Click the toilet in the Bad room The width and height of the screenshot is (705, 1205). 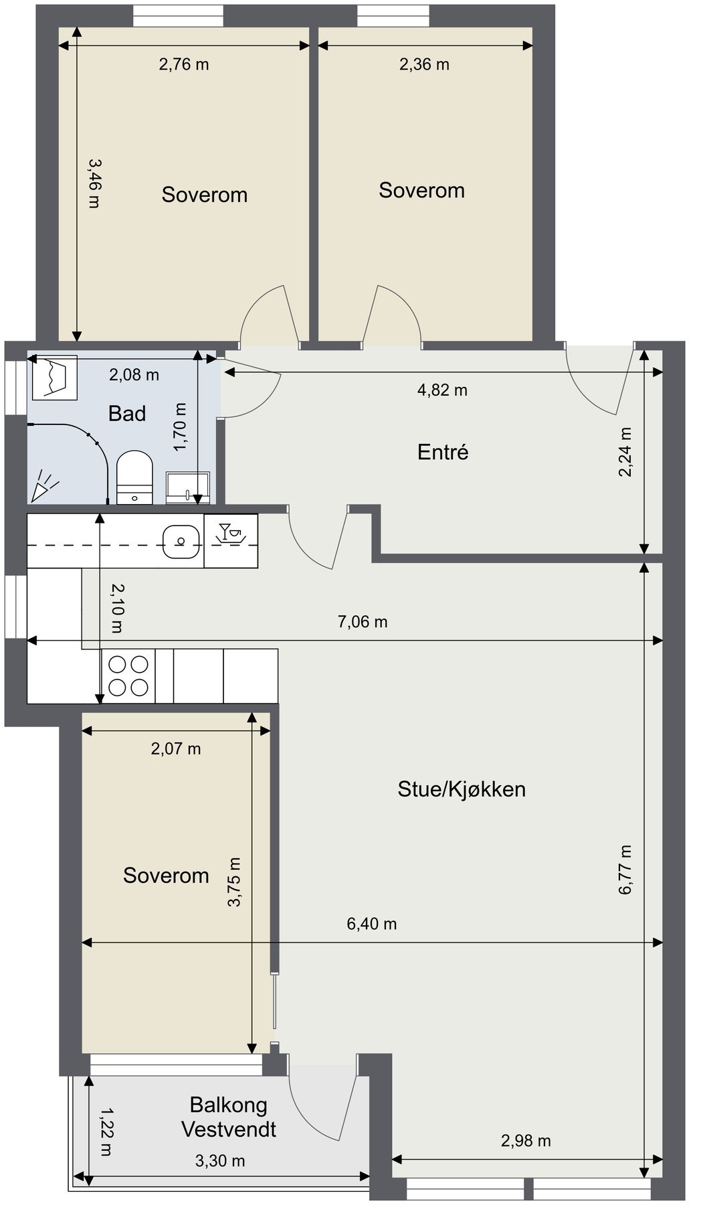coord(135,477)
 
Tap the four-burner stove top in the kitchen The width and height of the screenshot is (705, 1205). coord(128,675)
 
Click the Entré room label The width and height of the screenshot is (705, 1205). coord(443,453)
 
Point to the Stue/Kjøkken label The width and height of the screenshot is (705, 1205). coord(462,789)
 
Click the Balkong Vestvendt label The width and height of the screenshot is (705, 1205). coord(229,1117)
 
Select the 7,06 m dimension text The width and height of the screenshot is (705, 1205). coord(363,622)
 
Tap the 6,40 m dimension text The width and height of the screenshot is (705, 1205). coord(372,924)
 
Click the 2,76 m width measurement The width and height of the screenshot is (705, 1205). coord(184,64)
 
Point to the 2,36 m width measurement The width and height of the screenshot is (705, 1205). coord(424,64)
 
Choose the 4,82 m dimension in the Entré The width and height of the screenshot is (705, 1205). coord(442,390)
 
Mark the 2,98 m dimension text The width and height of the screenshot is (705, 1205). coord(526,1140)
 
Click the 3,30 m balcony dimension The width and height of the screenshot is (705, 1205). coord(220,1160)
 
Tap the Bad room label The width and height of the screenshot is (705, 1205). coord(127,414)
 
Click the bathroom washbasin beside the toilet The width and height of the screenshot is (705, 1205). coord(187,487)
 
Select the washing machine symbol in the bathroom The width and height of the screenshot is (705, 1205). coord(55,378)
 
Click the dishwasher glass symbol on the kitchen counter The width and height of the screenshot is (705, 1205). coord(231,541)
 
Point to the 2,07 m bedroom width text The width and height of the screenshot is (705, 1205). coord(176,748)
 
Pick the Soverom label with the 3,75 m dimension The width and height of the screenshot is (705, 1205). coord(166,876)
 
